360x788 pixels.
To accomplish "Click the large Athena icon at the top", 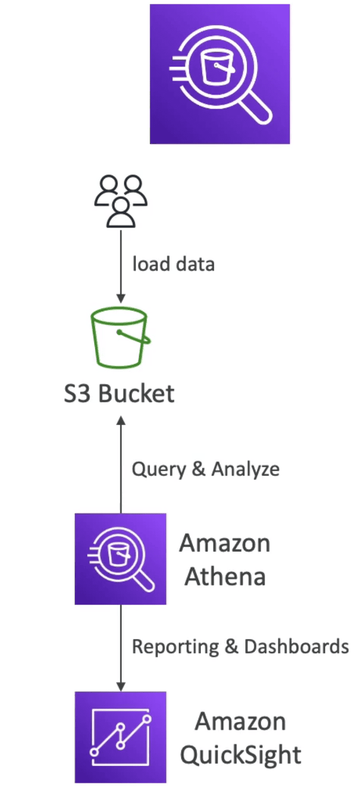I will [x=220, y=74].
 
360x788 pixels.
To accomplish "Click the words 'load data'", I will [x=174, y=264].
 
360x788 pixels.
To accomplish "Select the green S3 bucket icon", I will [x=120, y=337].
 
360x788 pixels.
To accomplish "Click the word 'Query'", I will [x=159, y=469].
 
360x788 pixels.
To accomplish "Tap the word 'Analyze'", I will [x=246, y=469].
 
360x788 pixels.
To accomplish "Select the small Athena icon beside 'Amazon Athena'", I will [x=120, y=559].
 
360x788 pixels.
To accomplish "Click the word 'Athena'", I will [x=225, y=577].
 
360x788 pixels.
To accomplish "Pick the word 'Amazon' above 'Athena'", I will [x=225, y=543].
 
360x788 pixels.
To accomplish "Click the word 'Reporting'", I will [x=175, y=647].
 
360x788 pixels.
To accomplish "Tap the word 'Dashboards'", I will [x=296, y=646].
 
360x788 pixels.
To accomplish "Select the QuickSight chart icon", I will [x=120, y=737].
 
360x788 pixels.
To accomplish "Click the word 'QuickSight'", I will [x=241, y=755].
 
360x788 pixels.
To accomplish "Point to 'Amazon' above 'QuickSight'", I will [x=241, y=722].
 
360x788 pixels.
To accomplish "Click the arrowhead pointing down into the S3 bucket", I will [x=121, y=298].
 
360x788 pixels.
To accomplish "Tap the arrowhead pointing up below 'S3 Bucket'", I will [x=121, y=420].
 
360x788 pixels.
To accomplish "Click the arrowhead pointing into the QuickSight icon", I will [x=121, y=686].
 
